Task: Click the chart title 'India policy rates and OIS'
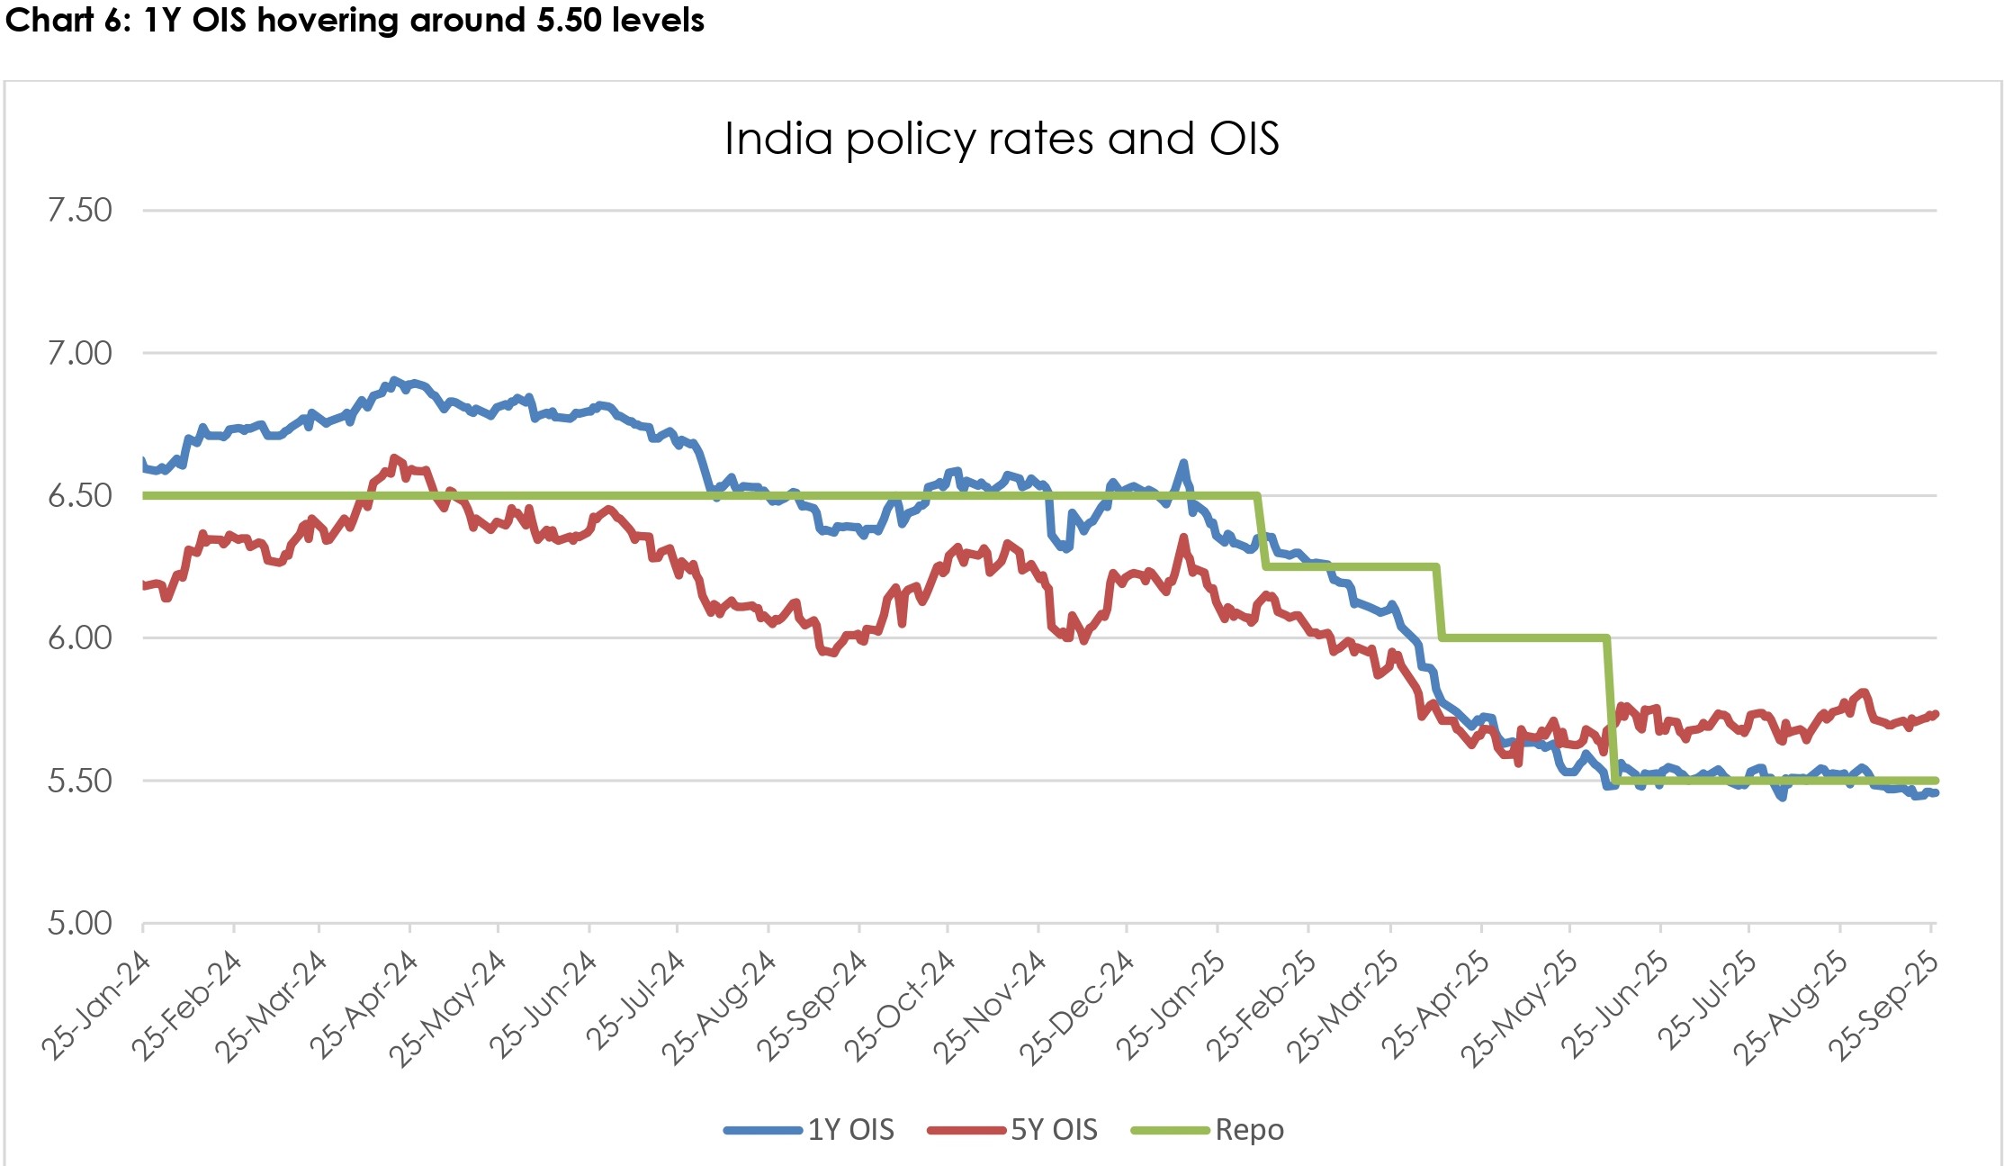click(x=1001, y=139)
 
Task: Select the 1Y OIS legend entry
click(x=849, y=1129)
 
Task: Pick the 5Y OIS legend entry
click(x=1053, y=1129)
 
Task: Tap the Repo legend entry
click(x=1248, y=1129)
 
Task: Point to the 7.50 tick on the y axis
click(x=80, y=210)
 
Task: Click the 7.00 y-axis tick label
click(x=80, y=353)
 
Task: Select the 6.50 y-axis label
click(x=80, y=495)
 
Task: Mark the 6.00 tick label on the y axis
click(x=80, y=637)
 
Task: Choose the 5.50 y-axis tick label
click(x=80, y=780)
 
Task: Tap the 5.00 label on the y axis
click(x=80, y=923)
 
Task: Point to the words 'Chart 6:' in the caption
click(x=68, y=20)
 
